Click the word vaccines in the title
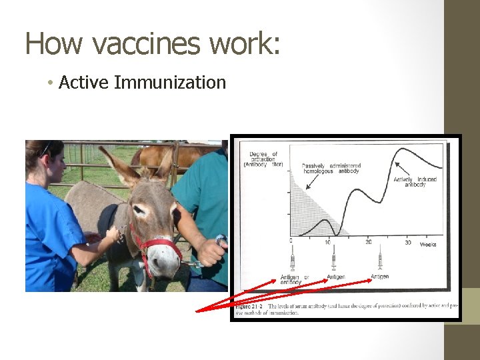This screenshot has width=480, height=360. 147,44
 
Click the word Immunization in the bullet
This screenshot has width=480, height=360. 171,83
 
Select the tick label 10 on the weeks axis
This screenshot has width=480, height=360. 327,242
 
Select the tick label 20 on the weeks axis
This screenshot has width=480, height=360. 368,242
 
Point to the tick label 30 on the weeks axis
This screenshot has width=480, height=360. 407,242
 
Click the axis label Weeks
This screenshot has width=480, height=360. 429,244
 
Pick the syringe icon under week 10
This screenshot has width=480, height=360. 333,258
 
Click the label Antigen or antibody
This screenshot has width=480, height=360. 294,280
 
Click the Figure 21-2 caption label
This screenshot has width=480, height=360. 249,306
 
